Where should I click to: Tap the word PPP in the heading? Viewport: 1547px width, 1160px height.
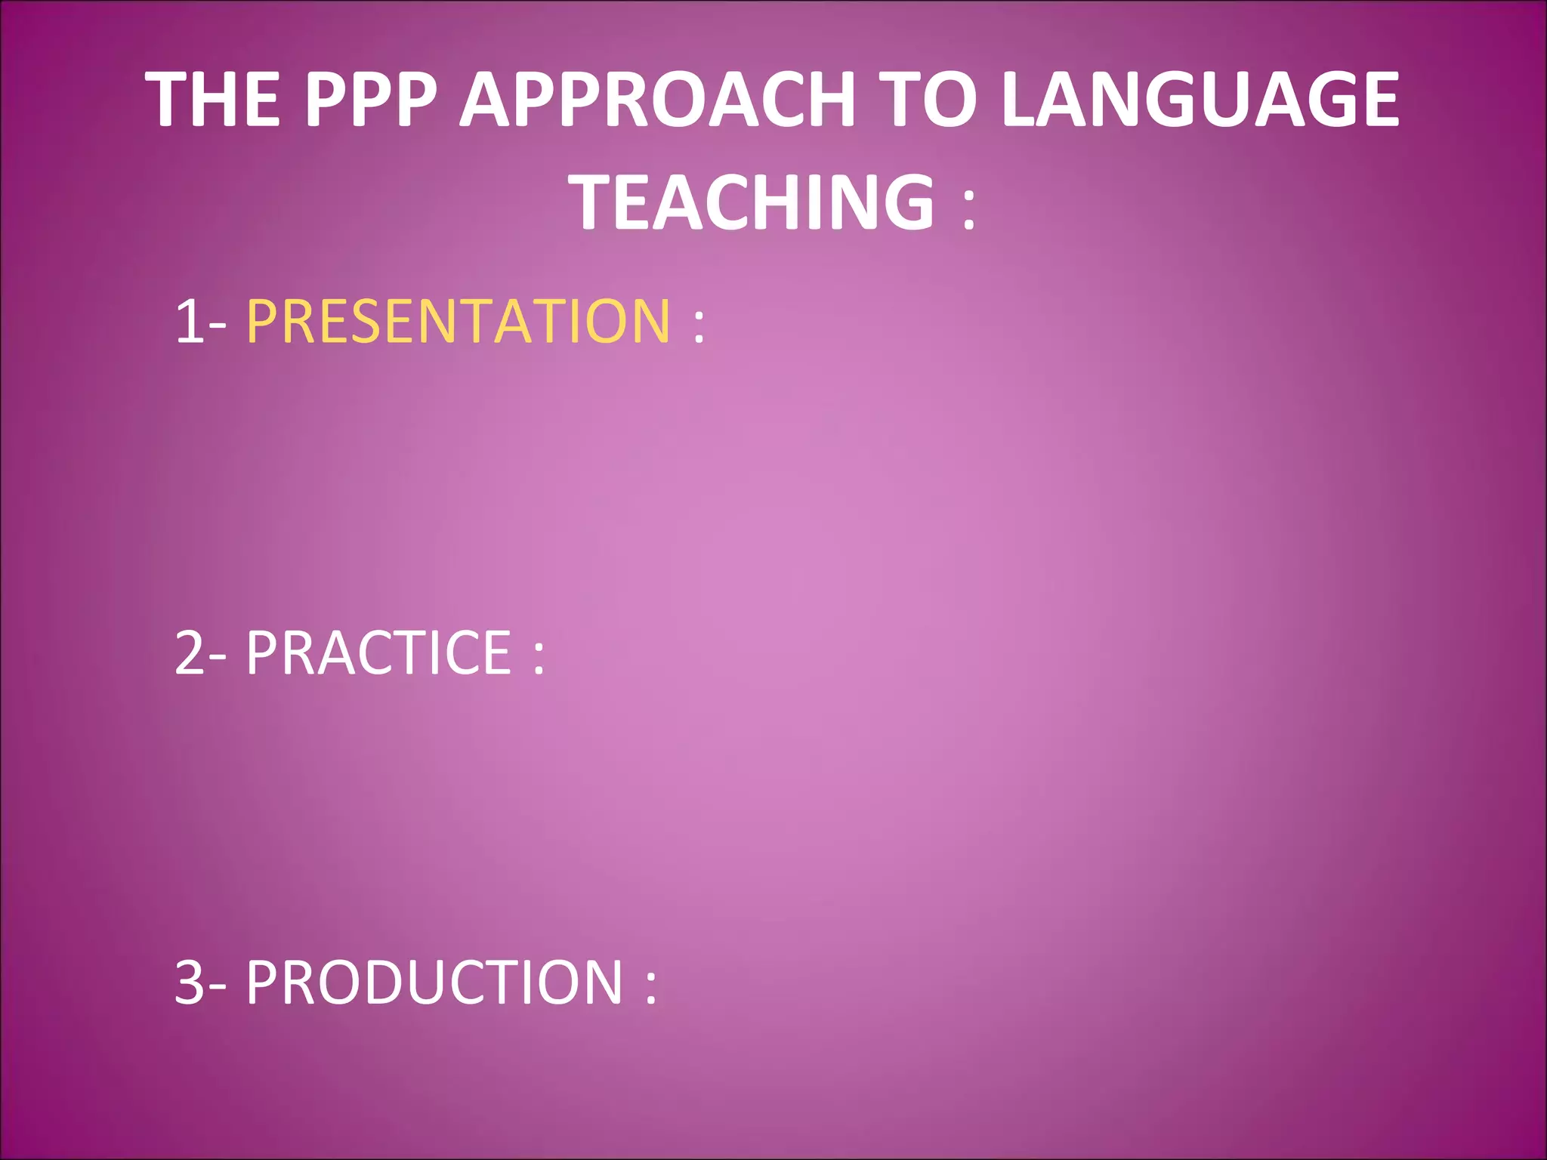371,100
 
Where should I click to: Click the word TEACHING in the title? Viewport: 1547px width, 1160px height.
755,202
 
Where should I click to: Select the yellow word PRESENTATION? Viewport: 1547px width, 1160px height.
459,321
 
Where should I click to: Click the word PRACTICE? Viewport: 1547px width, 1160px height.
379,652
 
